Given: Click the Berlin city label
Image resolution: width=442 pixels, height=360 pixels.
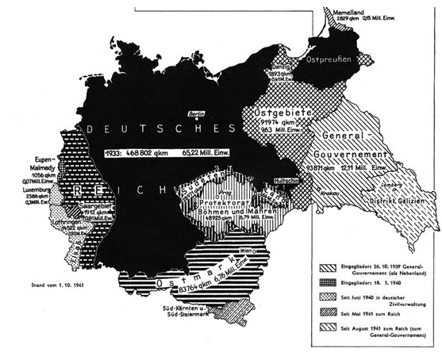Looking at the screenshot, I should click(x=194, y=113).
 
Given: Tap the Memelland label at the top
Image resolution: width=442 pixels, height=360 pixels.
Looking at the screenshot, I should click(x=343, y=10).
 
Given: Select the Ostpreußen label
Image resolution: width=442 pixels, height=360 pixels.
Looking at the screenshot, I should click(x=329, y=59).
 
